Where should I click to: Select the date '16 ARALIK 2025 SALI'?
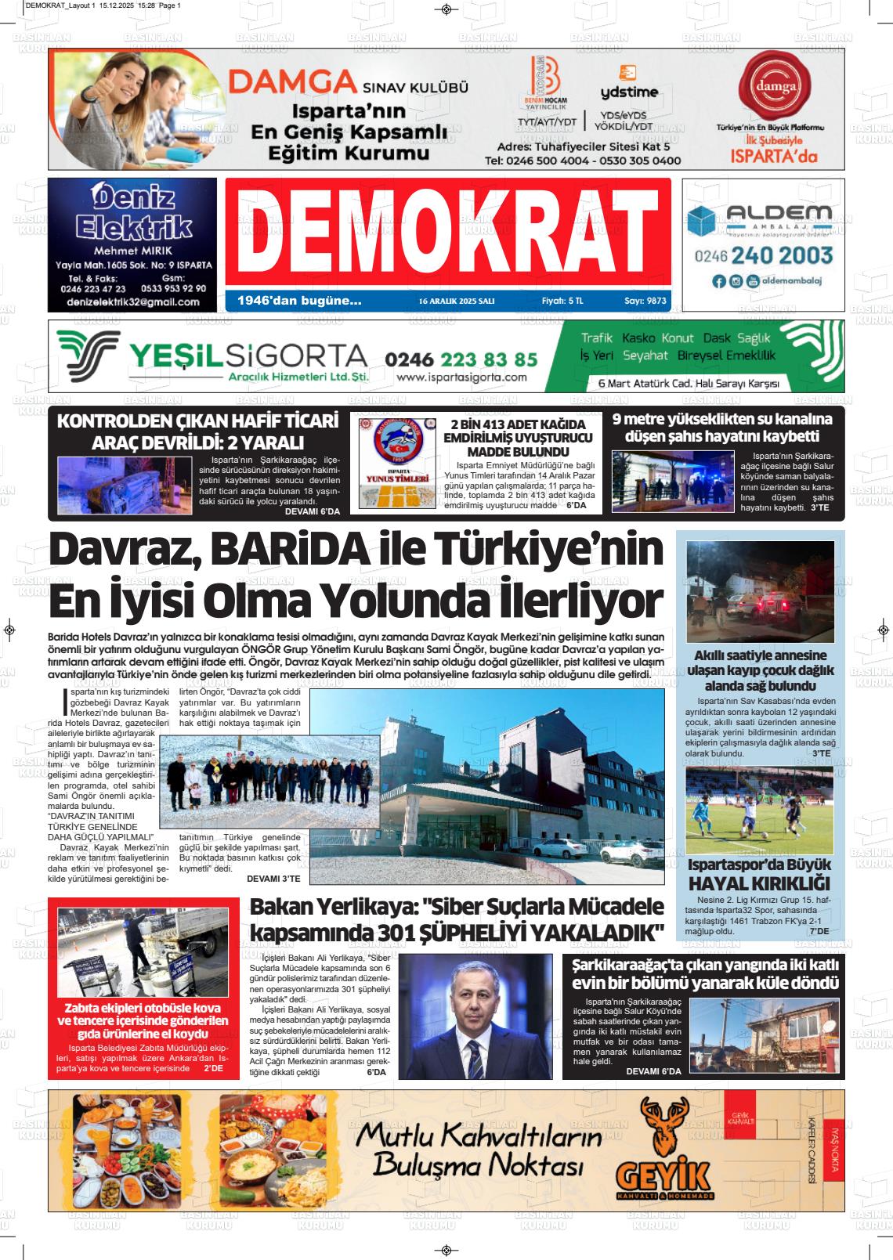[456, 301]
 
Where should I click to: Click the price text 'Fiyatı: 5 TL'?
[562, 301]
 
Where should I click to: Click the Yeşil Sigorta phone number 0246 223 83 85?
[461, 359]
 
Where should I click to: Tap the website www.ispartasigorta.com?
[461, 377]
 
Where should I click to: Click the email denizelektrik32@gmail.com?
[133, 301]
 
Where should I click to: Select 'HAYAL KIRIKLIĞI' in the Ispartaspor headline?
[759, 883]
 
